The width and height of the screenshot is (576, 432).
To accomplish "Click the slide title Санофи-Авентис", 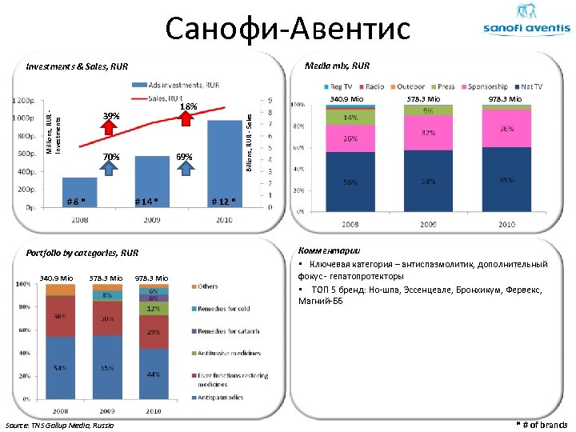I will point(287,29).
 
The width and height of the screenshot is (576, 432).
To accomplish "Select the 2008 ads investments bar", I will point(79,192).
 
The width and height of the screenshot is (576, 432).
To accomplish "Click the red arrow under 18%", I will point(186,118).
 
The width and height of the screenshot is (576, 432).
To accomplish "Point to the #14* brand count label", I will point(146,200).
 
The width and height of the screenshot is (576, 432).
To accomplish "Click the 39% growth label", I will point(110,117).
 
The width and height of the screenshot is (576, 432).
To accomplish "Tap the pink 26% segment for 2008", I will point(350,138).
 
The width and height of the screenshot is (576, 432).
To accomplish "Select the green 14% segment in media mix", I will point(350,117).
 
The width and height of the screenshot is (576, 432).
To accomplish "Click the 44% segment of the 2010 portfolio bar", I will point(152,374).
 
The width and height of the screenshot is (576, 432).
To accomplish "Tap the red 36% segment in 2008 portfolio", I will point(59,317).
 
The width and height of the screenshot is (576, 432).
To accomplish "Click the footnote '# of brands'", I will point(542,424).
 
